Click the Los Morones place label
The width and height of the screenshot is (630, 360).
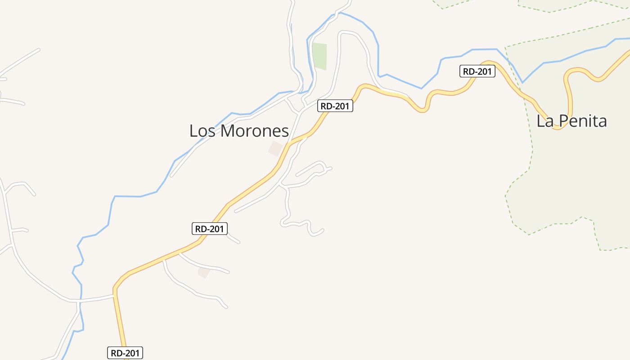tap(238, 131)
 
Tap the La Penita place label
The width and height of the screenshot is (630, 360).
tap(571, 121)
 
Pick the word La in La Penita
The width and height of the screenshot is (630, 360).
tap(545, 121)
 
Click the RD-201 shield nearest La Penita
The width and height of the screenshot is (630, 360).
tap(477, 71)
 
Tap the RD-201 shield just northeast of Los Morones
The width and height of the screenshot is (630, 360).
tap(335, 106)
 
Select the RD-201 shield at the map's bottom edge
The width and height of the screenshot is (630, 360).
tap(125, 353)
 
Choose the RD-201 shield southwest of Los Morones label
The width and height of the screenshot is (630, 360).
tap(210, 229)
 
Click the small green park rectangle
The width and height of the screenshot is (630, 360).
tap(319, 56)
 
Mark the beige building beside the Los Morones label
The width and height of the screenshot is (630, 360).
tap(275, 148)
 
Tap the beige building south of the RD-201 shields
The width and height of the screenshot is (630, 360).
tap(204, 272)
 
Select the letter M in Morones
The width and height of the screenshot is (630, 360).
tap(229, 131)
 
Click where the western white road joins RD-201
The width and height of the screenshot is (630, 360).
tap(114, 295)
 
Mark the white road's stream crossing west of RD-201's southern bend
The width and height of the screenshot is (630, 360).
tap(80, 300)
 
